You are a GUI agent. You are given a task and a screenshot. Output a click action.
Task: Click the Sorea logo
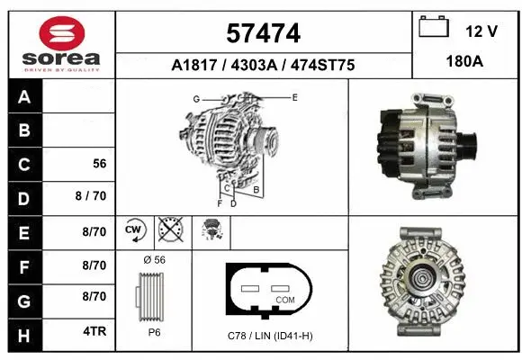pos(62,42)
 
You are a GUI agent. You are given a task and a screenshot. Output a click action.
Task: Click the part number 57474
pos(262,34)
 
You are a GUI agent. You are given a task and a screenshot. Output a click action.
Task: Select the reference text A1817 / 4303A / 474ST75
pos(262,65)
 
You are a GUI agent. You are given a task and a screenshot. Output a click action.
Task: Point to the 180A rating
pos(465,64)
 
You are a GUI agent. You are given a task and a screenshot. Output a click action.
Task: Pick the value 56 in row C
pos(100,165)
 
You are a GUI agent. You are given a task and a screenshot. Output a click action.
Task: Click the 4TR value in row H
pos(94,331)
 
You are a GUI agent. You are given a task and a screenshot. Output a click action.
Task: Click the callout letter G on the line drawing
pos(195,97)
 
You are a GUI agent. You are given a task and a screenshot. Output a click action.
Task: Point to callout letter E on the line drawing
pos(294,95)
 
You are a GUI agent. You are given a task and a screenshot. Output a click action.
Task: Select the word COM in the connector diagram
pos(285,299)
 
